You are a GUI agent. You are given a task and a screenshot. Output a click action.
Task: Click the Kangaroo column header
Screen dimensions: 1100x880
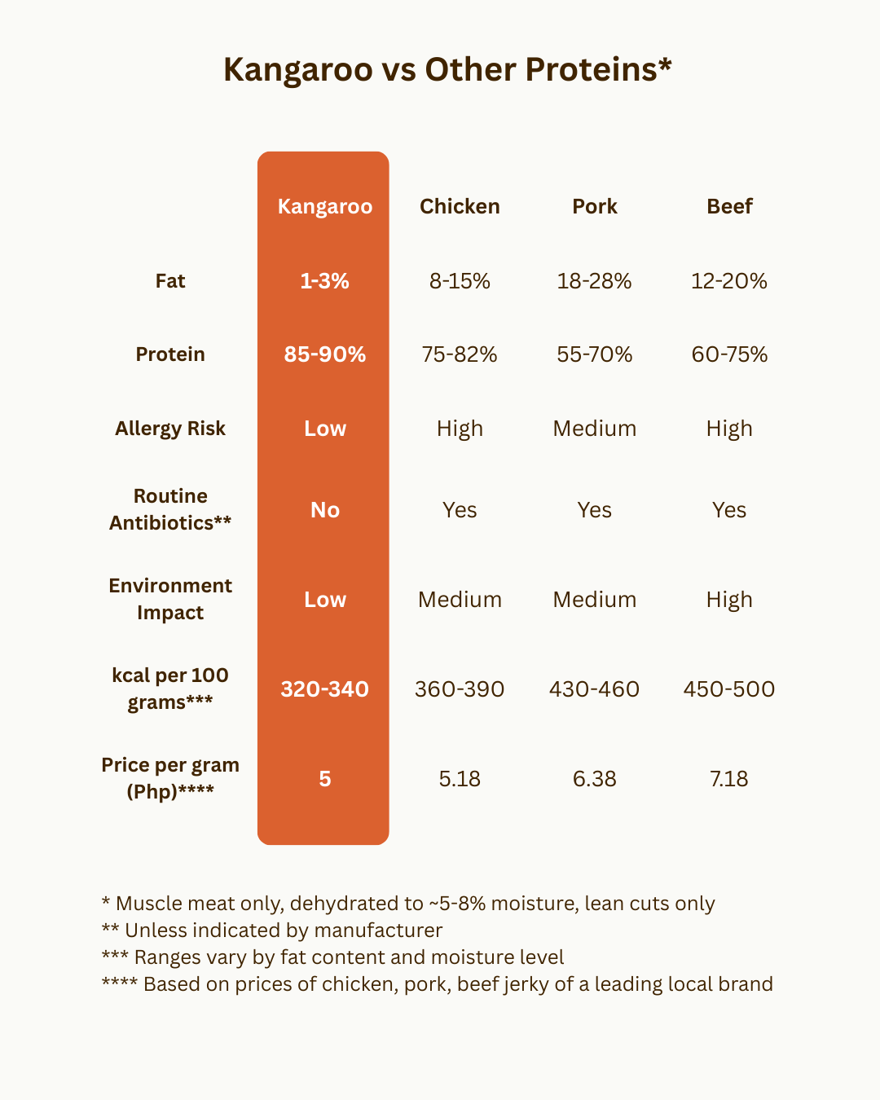tap(324, 206)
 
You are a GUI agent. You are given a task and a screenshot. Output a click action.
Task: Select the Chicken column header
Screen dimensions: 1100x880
tap(460, 206)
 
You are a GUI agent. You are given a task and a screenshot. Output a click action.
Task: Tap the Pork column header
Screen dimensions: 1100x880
tap(595, 206)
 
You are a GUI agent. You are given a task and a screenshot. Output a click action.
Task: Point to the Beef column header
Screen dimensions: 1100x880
tap(729, 206)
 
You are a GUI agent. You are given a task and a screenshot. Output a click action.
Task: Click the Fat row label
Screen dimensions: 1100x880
tap(170, 281)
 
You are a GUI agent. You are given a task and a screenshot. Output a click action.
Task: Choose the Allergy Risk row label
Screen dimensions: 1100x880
tap(170, 429)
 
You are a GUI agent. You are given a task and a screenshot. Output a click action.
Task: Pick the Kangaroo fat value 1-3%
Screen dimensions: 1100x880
tap(324, 281)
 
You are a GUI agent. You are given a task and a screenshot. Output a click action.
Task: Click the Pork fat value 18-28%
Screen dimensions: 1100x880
tap(594, 281)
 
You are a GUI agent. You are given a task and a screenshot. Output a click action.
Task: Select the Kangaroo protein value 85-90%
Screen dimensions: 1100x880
tap(324, 354)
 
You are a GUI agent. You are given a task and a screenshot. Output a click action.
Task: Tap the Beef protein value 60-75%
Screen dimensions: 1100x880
tap(729, 354)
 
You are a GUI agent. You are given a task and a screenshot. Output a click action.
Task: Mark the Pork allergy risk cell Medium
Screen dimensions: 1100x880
tap(594, 429)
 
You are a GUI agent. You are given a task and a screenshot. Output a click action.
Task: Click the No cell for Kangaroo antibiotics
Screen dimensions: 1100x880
tap(324, 510)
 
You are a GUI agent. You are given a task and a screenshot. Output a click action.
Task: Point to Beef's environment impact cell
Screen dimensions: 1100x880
tap(729, 600)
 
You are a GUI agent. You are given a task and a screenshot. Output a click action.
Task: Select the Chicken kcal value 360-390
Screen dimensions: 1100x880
tap(460, 689)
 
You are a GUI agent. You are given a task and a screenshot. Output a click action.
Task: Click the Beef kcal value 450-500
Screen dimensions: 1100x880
tap(729, 689)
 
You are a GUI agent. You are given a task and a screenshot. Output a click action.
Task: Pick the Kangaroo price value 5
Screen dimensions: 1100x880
tap(324, 779)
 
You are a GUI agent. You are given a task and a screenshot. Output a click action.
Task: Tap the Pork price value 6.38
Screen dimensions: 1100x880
tap(594, 779)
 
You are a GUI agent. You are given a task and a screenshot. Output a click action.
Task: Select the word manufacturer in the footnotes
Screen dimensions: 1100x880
tap(378, 931)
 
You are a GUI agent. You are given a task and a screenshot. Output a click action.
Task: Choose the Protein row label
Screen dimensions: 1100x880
tap(170, 354)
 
